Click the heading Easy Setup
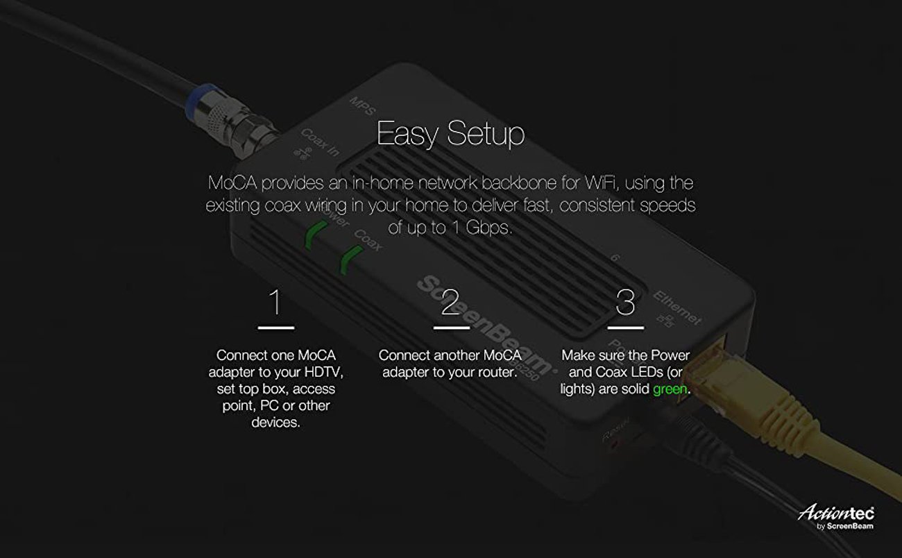tap(450, 134)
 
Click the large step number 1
tap(275, 303)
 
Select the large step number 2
tap(451, 303)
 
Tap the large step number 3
tap(625, 303)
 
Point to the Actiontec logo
tap(836, 514)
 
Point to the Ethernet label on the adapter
tap(676, 308)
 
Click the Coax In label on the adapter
tap(321, 143)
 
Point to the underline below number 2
tap(451, 327)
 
